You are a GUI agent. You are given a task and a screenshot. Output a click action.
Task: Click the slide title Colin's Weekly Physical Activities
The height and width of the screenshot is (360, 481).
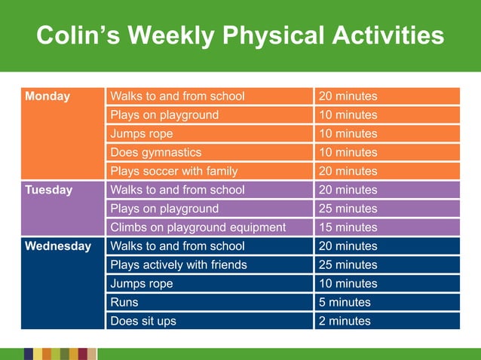[240, 35]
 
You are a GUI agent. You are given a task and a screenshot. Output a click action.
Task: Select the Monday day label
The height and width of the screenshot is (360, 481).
[47, 96]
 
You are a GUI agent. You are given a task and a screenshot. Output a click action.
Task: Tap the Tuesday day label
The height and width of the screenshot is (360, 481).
[49, 190]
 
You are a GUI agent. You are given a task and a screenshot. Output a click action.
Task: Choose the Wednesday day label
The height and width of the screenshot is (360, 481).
[58, 246]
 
